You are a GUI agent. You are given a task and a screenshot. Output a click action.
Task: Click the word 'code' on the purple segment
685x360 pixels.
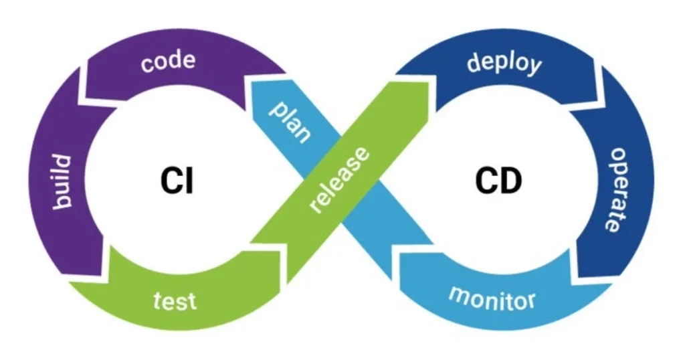[168, 61]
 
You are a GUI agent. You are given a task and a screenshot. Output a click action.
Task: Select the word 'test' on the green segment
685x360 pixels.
[175, 300]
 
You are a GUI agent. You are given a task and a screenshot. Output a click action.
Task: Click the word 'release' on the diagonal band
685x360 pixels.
[339, 180]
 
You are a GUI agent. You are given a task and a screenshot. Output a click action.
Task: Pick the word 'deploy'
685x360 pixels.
[504, 64]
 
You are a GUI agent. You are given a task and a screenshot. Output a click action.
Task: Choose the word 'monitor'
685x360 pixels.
[492, 298]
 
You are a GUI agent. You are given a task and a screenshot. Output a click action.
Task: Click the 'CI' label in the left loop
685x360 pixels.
[177, 181]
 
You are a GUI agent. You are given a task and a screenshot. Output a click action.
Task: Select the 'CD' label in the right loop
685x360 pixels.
[498, 181]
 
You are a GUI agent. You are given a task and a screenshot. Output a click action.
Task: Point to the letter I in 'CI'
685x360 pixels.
[190, 181]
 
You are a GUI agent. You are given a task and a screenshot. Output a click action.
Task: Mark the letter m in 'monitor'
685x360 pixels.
[460, 294]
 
